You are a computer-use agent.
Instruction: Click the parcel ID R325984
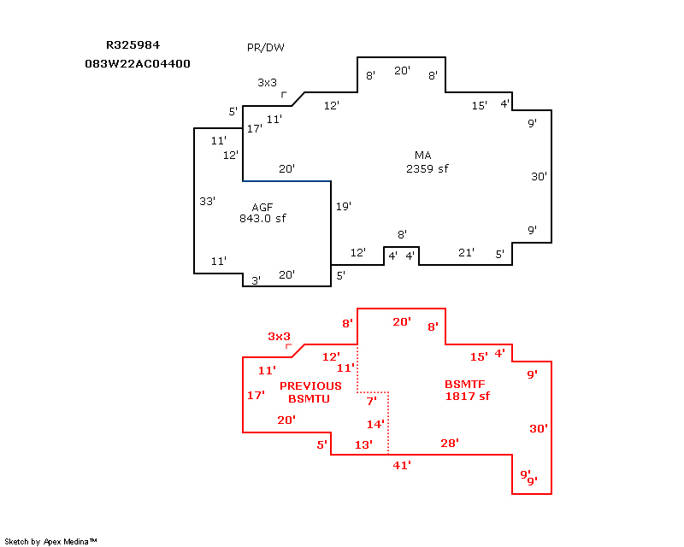click(x=133, y=44)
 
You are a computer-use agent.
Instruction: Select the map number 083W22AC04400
click(x=138, y=64)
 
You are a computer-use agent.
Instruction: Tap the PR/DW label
click(x=265, y=48)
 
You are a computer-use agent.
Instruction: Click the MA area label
click(x=422, y=156)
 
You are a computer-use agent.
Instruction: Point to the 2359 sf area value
click(x=427, y=168)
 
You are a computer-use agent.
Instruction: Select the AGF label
click(x=262, y=208)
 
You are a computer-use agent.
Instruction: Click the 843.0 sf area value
click(x=262, y=219)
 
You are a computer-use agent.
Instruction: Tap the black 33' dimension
click(x=207, y=202)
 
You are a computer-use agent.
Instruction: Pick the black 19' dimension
click(x=344, y=207)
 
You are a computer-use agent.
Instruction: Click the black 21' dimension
click(x=466, y=252)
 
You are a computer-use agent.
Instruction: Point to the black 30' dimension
click(x=539, y=177)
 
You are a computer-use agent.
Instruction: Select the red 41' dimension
click(x=402, y=465)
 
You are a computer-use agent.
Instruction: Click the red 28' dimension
click(x=450, y=443)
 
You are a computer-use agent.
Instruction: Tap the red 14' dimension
click(x=376, y=424)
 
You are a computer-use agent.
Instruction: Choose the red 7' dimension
click(x=371, y=401)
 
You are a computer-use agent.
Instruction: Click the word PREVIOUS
click(x=310, y=386)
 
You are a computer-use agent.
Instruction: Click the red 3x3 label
click(x=279, y=337)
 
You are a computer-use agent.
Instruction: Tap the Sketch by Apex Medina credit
click(x=51, y=541)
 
